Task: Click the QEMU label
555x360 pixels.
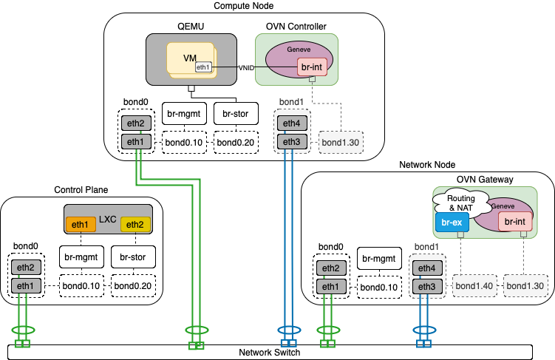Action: point(191,26)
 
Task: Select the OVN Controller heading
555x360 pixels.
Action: point(296,26)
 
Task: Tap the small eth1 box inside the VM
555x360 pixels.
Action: point(203,67)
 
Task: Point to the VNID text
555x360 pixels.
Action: point(246,67)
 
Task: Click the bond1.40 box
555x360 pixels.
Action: point(474,286)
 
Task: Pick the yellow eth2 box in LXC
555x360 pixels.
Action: point(134,225)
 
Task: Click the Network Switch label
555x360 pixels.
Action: point(269,353)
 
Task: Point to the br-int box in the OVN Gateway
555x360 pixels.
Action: point(515,221)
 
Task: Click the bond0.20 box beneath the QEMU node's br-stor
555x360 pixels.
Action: point(236,141)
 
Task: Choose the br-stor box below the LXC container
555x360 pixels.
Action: point(133,257)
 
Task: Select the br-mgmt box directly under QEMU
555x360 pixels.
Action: point(184,113)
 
